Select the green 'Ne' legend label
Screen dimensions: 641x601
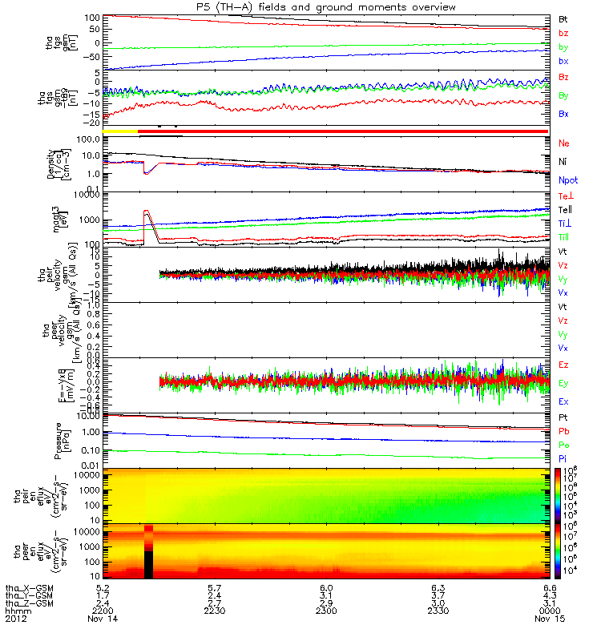tap(564, 143)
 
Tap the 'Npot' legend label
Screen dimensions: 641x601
tap(567, 181)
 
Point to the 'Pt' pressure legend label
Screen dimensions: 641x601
tap(563, 418)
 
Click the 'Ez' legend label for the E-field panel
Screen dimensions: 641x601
tap(564, 365)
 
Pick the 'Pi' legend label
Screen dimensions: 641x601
tap(563, 458)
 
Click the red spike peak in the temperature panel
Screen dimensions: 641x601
tap(146, 211)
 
